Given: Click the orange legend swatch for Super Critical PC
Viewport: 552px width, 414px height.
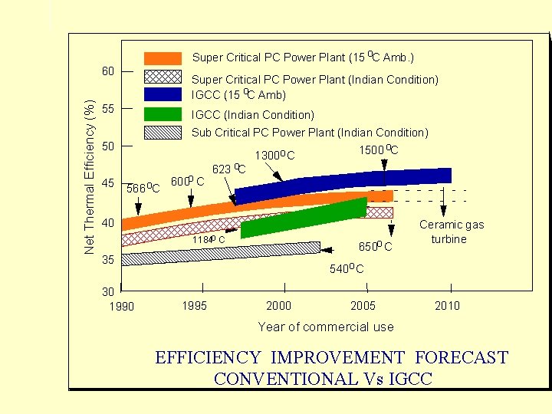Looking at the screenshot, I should pyautogui.click(x=163, y=58).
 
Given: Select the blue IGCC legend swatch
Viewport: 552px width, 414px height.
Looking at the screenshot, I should pyautogui.click(x=163, y=94).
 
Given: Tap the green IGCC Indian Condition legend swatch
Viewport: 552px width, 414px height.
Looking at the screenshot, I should pyautogui.click(x=163, y=114).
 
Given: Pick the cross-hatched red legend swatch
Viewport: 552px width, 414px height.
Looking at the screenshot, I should pyautogui.click(x=163, y=77).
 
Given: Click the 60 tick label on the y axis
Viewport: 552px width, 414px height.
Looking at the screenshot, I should pyautogui.click(x=108, y=71).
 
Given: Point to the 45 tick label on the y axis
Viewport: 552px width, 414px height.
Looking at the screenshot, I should pyautogui.click(x=108, y=183).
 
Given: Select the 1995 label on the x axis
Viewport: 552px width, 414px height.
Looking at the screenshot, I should pyautogui.click(x=194, y=306).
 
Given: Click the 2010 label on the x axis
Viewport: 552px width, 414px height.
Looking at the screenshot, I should pyautogui.click(x=447, y=306).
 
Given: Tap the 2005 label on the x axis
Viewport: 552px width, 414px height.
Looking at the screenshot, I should pyautogui.click(x=363, y=306).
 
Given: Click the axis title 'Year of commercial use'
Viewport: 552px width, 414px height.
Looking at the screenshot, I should pyautogui.click(x=326, y=327).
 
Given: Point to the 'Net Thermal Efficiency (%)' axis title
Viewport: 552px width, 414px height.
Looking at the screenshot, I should pyautogui.click(x=89, y=177).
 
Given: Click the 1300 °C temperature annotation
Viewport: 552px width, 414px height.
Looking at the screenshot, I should pyautogui.click(x=274, y=156).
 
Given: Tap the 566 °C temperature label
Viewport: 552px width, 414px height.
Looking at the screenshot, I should pyautogui.click(x=143, y=188).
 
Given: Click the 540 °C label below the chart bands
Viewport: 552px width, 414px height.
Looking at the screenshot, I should pyautogui.click(x=347, y=269).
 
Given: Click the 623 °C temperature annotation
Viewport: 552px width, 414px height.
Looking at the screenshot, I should pyautogui.click(x=228, y=168).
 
